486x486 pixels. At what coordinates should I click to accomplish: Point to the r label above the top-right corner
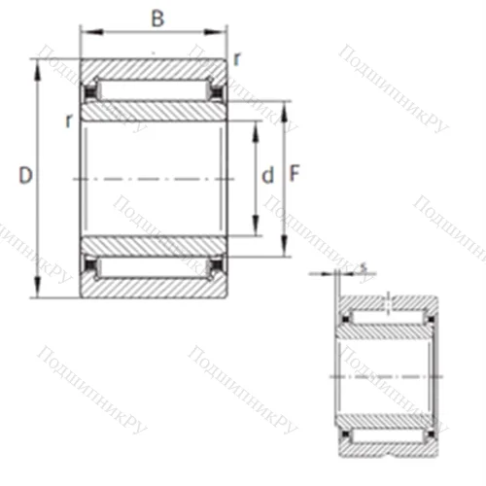click(237, 59)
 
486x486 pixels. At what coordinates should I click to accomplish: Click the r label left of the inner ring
click(68, 121)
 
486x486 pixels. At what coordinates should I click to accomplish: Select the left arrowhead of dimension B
click(85, 34)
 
